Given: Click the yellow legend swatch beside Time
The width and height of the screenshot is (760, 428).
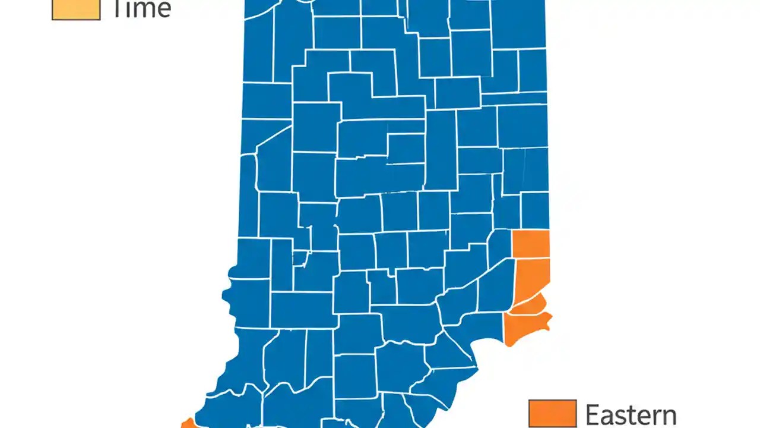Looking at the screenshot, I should pyautogui.click(x=76, y=10).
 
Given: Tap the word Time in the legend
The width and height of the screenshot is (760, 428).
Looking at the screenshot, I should pyautogui.click(x=141, y=8).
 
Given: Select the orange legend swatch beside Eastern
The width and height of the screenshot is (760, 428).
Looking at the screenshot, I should pyautogui.click(x=552, y=414).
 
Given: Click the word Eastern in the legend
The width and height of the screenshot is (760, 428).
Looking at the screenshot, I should pyautogui.click(x=631, y=414).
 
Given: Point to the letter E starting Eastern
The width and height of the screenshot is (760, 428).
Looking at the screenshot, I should pyautogui.click(x=593, y=414).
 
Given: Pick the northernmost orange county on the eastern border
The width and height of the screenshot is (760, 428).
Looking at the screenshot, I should pyautogui.click(x=531, y=244).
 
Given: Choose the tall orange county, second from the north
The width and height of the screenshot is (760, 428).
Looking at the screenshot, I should pyautogui.click(x=533, y=279).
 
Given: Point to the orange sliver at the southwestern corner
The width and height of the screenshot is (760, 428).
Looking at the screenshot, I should pyautogui.click(x=187, y=424).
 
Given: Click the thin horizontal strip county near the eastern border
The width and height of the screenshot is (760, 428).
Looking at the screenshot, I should pyautogui.click(x=514, y=98).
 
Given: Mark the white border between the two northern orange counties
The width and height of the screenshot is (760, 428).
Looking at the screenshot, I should pyautogui.click(x=531, y=258).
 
